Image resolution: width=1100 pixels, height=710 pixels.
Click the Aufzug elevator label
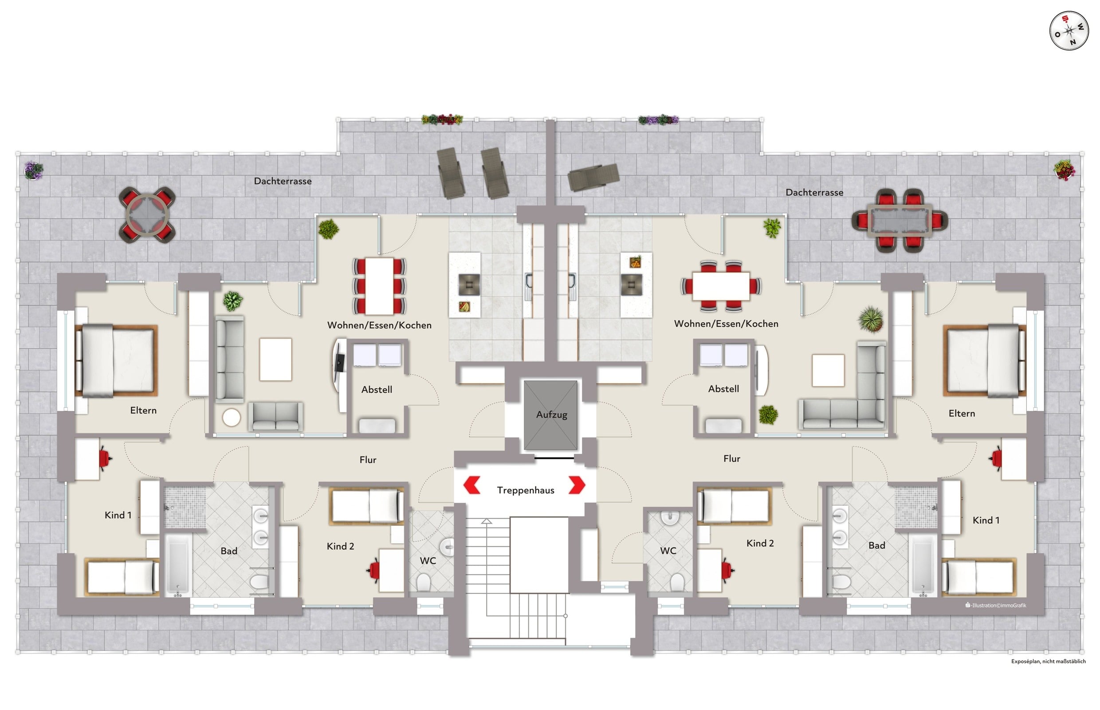point(551,414)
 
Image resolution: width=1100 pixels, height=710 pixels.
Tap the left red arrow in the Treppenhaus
point(471,485)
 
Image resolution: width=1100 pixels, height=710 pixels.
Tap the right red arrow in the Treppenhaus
point(577,485)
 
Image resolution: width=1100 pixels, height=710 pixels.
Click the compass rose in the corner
point(1069,32)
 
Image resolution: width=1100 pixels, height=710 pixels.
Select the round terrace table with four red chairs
point(147,214)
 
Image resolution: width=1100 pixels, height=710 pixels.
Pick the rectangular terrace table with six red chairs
point(899,221)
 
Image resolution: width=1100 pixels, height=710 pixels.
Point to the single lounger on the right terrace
point(593,177)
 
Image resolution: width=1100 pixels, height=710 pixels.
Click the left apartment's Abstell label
point(377,390)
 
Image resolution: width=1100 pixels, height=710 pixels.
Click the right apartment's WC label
point(668,551)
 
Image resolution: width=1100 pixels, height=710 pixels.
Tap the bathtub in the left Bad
point(177,565)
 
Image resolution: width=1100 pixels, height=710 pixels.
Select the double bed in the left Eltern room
point(116,360)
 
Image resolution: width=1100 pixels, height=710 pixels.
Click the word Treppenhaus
point(525,490)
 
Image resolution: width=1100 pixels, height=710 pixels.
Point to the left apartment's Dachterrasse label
point(283,181)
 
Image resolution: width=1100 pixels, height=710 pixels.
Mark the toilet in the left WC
point(423,582)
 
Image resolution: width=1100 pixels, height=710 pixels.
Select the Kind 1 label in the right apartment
point(986,521)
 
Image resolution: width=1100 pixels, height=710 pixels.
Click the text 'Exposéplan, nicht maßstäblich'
point(1049,661)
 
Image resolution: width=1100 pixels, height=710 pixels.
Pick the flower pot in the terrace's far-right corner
point(1065,169)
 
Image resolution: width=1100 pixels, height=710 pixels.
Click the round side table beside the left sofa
point(232,418)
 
